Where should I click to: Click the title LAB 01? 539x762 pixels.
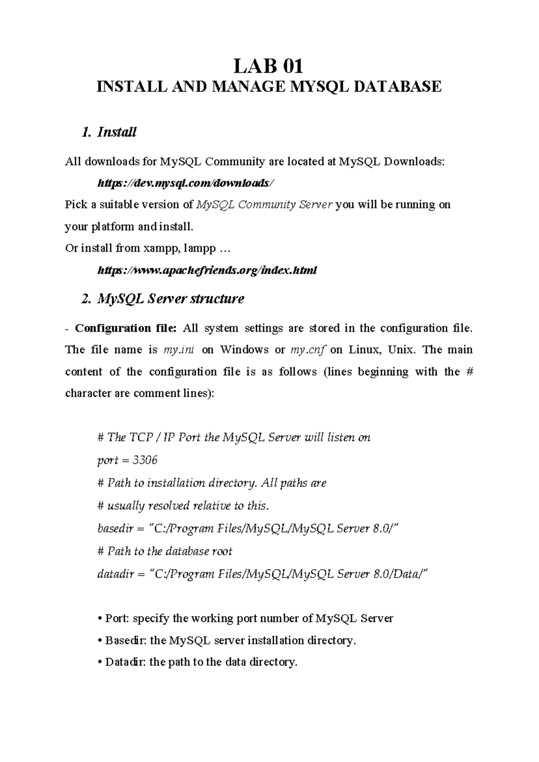[x=269, y=67]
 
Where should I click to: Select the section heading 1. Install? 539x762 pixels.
[x=109, y=132]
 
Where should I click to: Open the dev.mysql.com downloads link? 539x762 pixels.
[x=185, y=183]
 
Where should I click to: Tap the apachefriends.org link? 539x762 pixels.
[x=207, y=270]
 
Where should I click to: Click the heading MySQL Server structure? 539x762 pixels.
[x=163, y=299]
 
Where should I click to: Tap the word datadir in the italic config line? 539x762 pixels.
[x=115, y=574]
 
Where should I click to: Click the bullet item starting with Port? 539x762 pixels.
[x=245, y=618]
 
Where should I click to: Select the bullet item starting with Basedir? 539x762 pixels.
[x=227, y=640]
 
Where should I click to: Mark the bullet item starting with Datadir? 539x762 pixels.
[x=198, y=662]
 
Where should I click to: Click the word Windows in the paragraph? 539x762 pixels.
[x=245, y=350]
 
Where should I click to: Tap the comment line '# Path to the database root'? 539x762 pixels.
[x=165, y=551]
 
